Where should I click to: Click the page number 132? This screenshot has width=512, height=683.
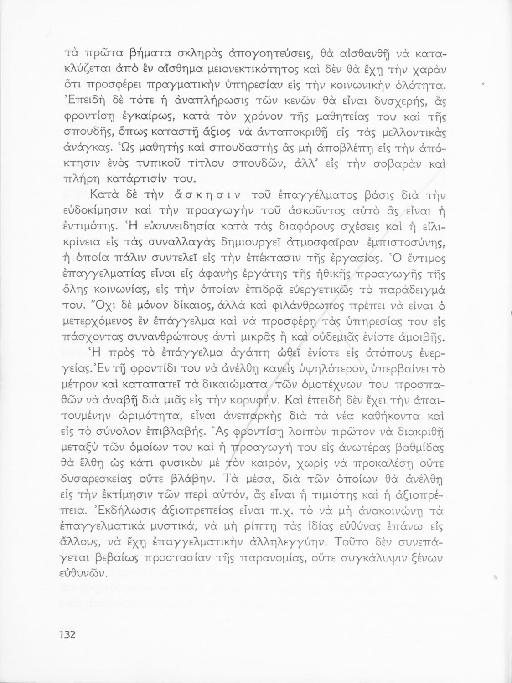67,635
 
